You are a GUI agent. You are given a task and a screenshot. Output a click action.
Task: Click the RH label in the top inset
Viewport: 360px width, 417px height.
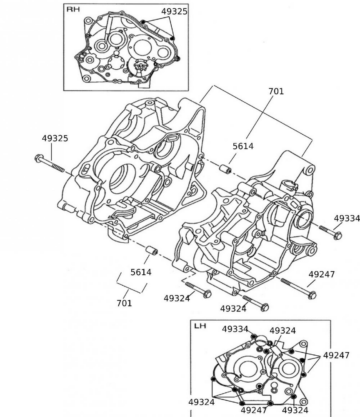[x=73, y=9]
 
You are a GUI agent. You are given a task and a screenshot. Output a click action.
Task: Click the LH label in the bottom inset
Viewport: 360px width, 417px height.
[x=200, y=326]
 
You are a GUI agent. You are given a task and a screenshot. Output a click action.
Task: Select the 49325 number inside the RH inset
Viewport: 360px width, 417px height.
[x=174, y=11]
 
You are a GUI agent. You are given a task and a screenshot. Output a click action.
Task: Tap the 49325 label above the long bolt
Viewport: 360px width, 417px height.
[x=55, y=138]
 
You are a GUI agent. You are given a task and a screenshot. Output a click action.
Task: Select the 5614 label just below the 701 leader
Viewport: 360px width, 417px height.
[x=243, y=146]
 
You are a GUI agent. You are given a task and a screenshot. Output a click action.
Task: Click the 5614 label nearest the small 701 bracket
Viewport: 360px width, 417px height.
[x=141, y=272]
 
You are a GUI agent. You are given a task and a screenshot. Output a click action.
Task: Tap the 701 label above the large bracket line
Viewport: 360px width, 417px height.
[x=275, y=91]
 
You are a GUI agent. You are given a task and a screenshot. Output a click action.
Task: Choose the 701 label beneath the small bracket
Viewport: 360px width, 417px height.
[x=124, y=303]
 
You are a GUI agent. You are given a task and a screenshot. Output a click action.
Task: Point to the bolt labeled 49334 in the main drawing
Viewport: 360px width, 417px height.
[x=330, y=232]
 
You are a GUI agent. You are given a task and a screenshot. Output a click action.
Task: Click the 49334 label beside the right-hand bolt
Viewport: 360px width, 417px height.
[x=347, y=219]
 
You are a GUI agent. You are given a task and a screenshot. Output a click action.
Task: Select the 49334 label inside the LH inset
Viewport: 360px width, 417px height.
[x=235, y=329]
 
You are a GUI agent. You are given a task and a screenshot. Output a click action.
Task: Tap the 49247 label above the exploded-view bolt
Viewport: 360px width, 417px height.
[x=321, y=274]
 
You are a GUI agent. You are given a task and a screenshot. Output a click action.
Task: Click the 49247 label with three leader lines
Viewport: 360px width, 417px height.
[x=336, y=355]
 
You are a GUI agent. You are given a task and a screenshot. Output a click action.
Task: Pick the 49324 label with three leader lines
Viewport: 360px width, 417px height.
[x=201, y=402]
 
